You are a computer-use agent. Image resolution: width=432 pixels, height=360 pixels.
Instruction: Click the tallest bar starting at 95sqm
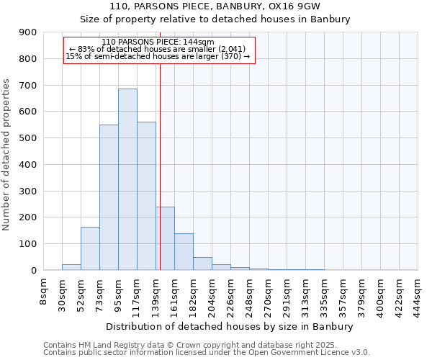[x=127, y=179]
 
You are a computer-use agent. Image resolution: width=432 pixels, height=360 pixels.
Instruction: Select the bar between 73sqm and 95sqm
[x=109, y=197]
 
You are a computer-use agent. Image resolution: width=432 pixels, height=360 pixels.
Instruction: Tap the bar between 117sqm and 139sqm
[x=146, y=196]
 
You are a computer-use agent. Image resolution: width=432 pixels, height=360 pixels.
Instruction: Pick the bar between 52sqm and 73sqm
[x=90, y=248]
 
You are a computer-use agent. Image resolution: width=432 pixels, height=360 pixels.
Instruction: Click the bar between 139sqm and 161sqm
[x=166, y=238]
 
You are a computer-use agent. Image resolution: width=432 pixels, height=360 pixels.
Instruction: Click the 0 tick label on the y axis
[x=34, y=270]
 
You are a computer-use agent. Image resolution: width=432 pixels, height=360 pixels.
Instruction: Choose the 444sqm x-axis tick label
[x=418, y=294]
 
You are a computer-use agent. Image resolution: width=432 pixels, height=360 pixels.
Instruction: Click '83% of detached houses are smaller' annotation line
[x=158, y=49]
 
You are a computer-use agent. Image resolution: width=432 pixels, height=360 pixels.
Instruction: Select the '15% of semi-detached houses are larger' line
[x=158, y=56]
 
